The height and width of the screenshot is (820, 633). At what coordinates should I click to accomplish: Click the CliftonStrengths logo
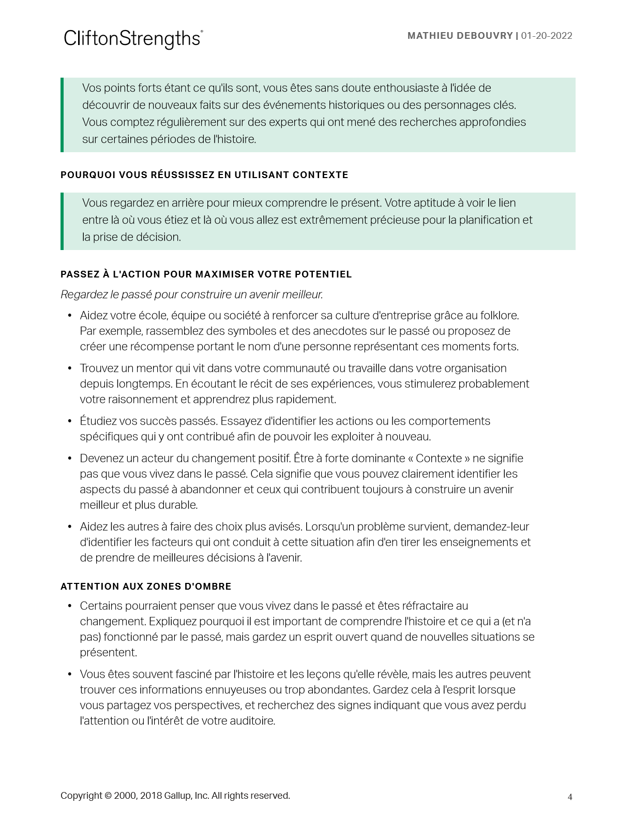click(133, 39)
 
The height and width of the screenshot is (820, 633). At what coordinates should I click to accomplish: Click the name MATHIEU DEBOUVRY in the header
click(460, 36)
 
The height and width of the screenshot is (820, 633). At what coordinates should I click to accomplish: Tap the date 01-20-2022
click(547, 36)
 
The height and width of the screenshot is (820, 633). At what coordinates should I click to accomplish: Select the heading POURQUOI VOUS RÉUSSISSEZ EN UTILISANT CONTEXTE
click(204, 175)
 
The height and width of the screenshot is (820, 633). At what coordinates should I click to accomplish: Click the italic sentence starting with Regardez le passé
click(192, 295)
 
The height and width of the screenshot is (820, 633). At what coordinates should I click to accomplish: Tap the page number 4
click(570, 797)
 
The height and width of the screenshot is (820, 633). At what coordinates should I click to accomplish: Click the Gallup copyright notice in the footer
click(175, 796)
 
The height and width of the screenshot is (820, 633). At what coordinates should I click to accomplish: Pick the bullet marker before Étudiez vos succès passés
click(70, 421)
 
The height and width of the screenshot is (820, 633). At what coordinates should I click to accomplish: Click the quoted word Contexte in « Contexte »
click(439, 458)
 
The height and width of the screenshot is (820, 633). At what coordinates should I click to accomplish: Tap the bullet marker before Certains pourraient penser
click(70, 606)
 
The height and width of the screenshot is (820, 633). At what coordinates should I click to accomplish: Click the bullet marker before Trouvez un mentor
click(70, 369)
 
